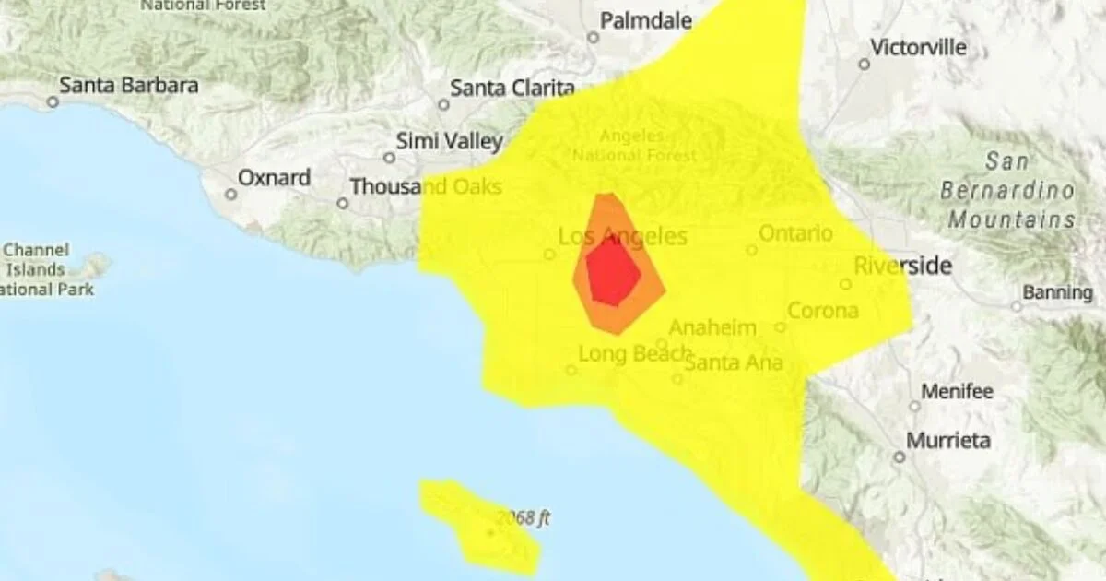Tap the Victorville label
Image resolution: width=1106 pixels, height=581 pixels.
tap(919, 47)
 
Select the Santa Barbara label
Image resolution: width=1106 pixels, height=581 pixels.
tap(129, 86)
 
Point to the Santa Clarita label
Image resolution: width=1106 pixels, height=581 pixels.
tap(512, 89)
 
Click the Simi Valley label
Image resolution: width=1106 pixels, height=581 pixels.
tap(450, 141)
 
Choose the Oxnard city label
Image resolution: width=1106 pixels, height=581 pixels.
tap(275, 177)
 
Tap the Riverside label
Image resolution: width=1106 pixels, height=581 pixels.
tap(902, 267)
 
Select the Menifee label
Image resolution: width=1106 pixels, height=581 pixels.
tap(957, 392)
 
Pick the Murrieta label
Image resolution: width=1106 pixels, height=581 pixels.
tap(947, 441)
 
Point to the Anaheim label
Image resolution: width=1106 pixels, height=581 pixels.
tap(712, 328)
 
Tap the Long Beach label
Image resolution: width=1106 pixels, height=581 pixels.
tap(634, 354)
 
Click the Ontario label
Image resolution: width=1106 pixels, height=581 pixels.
tap(795, 233)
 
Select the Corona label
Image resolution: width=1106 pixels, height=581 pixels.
tap(822, 311)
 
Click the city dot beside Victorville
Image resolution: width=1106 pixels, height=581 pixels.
tap(864, 65)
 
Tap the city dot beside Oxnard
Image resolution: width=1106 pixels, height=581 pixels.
tap(230, 194)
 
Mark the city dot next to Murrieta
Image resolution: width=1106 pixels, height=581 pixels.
tap(899, 456)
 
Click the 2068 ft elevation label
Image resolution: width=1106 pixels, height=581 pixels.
tap(522, 518)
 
